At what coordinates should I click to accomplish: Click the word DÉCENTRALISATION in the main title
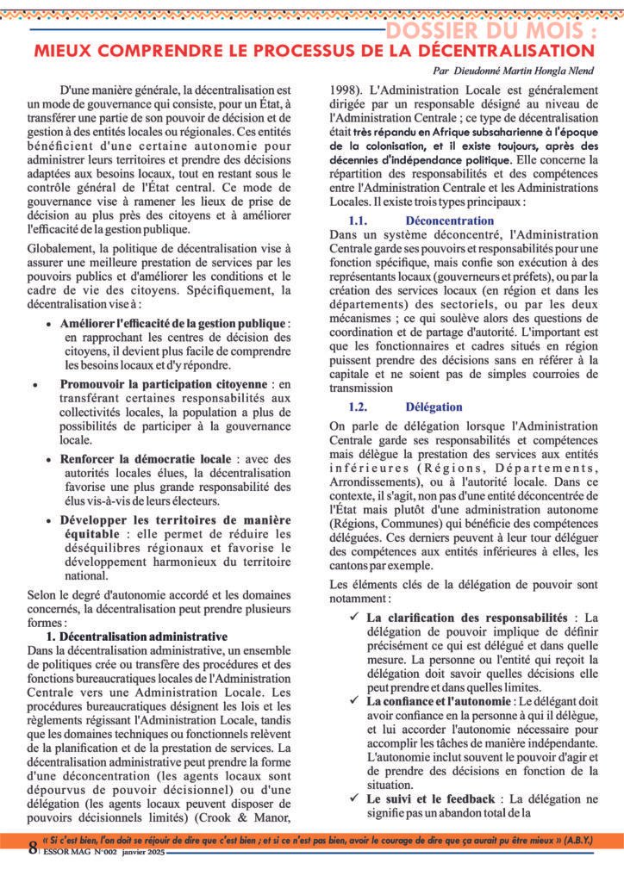(495, 52)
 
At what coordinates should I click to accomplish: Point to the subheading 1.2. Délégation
(405, 407)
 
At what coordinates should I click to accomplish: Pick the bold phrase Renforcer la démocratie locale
(146, 459)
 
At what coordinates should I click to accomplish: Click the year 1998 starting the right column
(347, 89)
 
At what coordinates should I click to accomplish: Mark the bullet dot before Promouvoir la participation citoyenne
(34, 383)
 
